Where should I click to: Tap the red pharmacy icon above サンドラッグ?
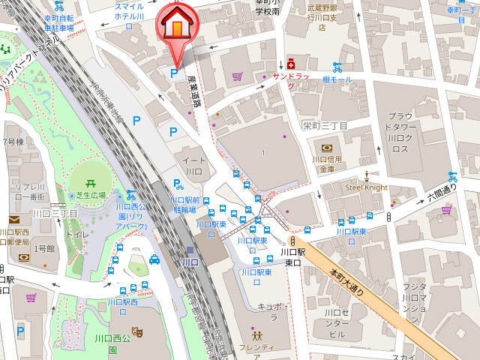pos(290,65)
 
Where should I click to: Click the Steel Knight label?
pos(367,187)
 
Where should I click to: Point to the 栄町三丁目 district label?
pos(325,125)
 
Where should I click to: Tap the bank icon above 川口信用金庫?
pos(327,148)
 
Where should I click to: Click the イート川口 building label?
pos(193,166)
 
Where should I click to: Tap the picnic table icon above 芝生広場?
pos(90,182)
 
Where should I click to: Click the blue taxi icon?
pos(154,259)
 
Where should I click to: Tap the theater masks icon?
pos(137,331)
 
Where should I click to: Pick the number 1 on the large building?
pos(263,153)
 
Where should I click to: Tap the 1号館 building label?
pos(46,247)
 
